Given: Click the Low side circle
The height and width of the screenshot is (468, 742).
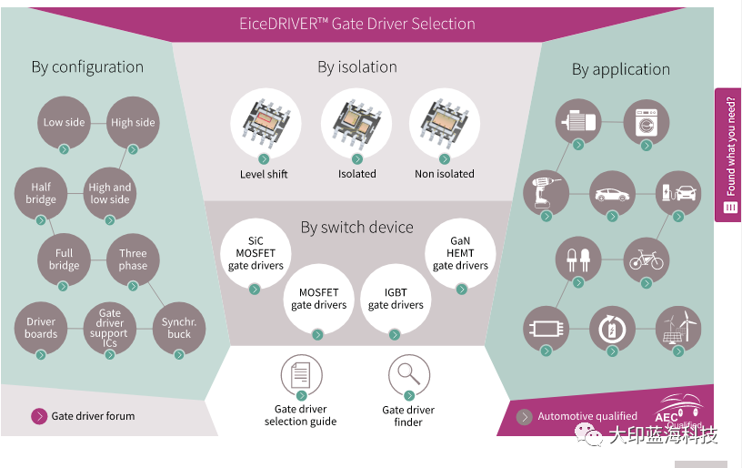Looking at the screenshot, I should (x=64, y=122).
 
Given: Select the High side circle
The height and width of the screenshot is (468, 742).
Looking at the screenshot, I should (x=133, y=122).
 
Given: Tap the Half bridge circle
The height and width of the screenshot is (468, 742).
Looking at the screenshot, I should (x=41, y=193).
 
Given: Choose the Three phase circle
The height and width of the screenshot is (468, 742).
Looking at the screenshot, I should (x=133, y=259).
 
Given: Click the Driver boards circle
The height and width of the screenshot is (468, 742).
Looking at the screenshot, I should (x=41, y=328).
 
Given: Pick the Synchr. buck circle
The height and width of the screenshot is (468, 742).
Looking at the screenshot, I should (x=179, y=328).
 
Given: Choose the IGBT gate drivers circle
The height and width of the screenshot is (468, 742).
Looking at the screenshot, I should (x=396, y=299).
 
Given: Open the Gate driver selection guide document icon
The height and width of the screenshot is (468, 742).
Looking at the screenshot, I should (x=301, y=375).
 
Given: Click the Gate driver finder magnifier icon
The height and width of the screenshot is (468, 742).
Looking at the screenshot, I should (x=408, y=375).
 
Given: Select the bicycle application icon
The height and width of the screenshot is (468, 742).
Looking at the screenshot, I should (x=646, y=259).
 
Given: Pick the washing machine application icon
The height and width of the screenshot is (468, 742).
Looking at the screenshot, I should (x=646, y=122).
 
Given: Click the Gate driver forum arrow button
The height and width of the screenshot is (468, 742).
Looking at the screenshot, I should (x=39, y=416).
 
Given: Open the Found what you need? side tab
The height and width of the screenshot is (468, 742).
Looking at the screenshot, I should (x=728, y=155).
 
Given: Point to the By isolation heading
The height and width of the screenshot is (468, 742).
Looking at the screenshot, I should (x=356, y=66).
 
